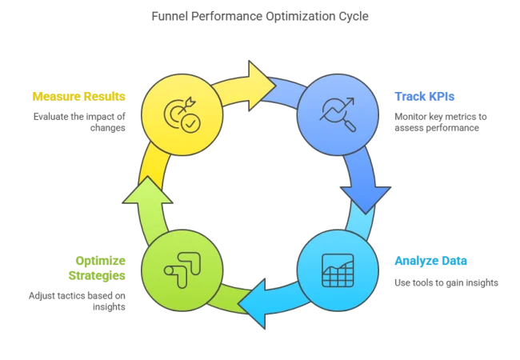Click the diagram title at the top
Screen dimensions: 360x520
(259, 16)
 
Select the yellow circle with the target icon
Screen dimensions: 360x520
(182, 114)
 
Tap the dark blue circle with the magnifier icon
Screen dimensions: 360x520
(337, 114)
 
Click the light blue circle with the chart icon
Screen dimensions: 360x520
(337, 270)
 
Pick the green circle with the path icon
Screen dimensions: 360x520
(182, 270)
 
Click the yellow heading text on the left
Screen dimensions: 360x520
(79, 96)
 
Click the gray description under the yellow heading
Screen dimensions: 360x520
(79, 122)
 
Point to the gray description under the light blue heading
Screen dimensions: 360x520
(444, 282)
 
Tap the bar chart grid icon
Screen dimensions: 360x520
(337, 270)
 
